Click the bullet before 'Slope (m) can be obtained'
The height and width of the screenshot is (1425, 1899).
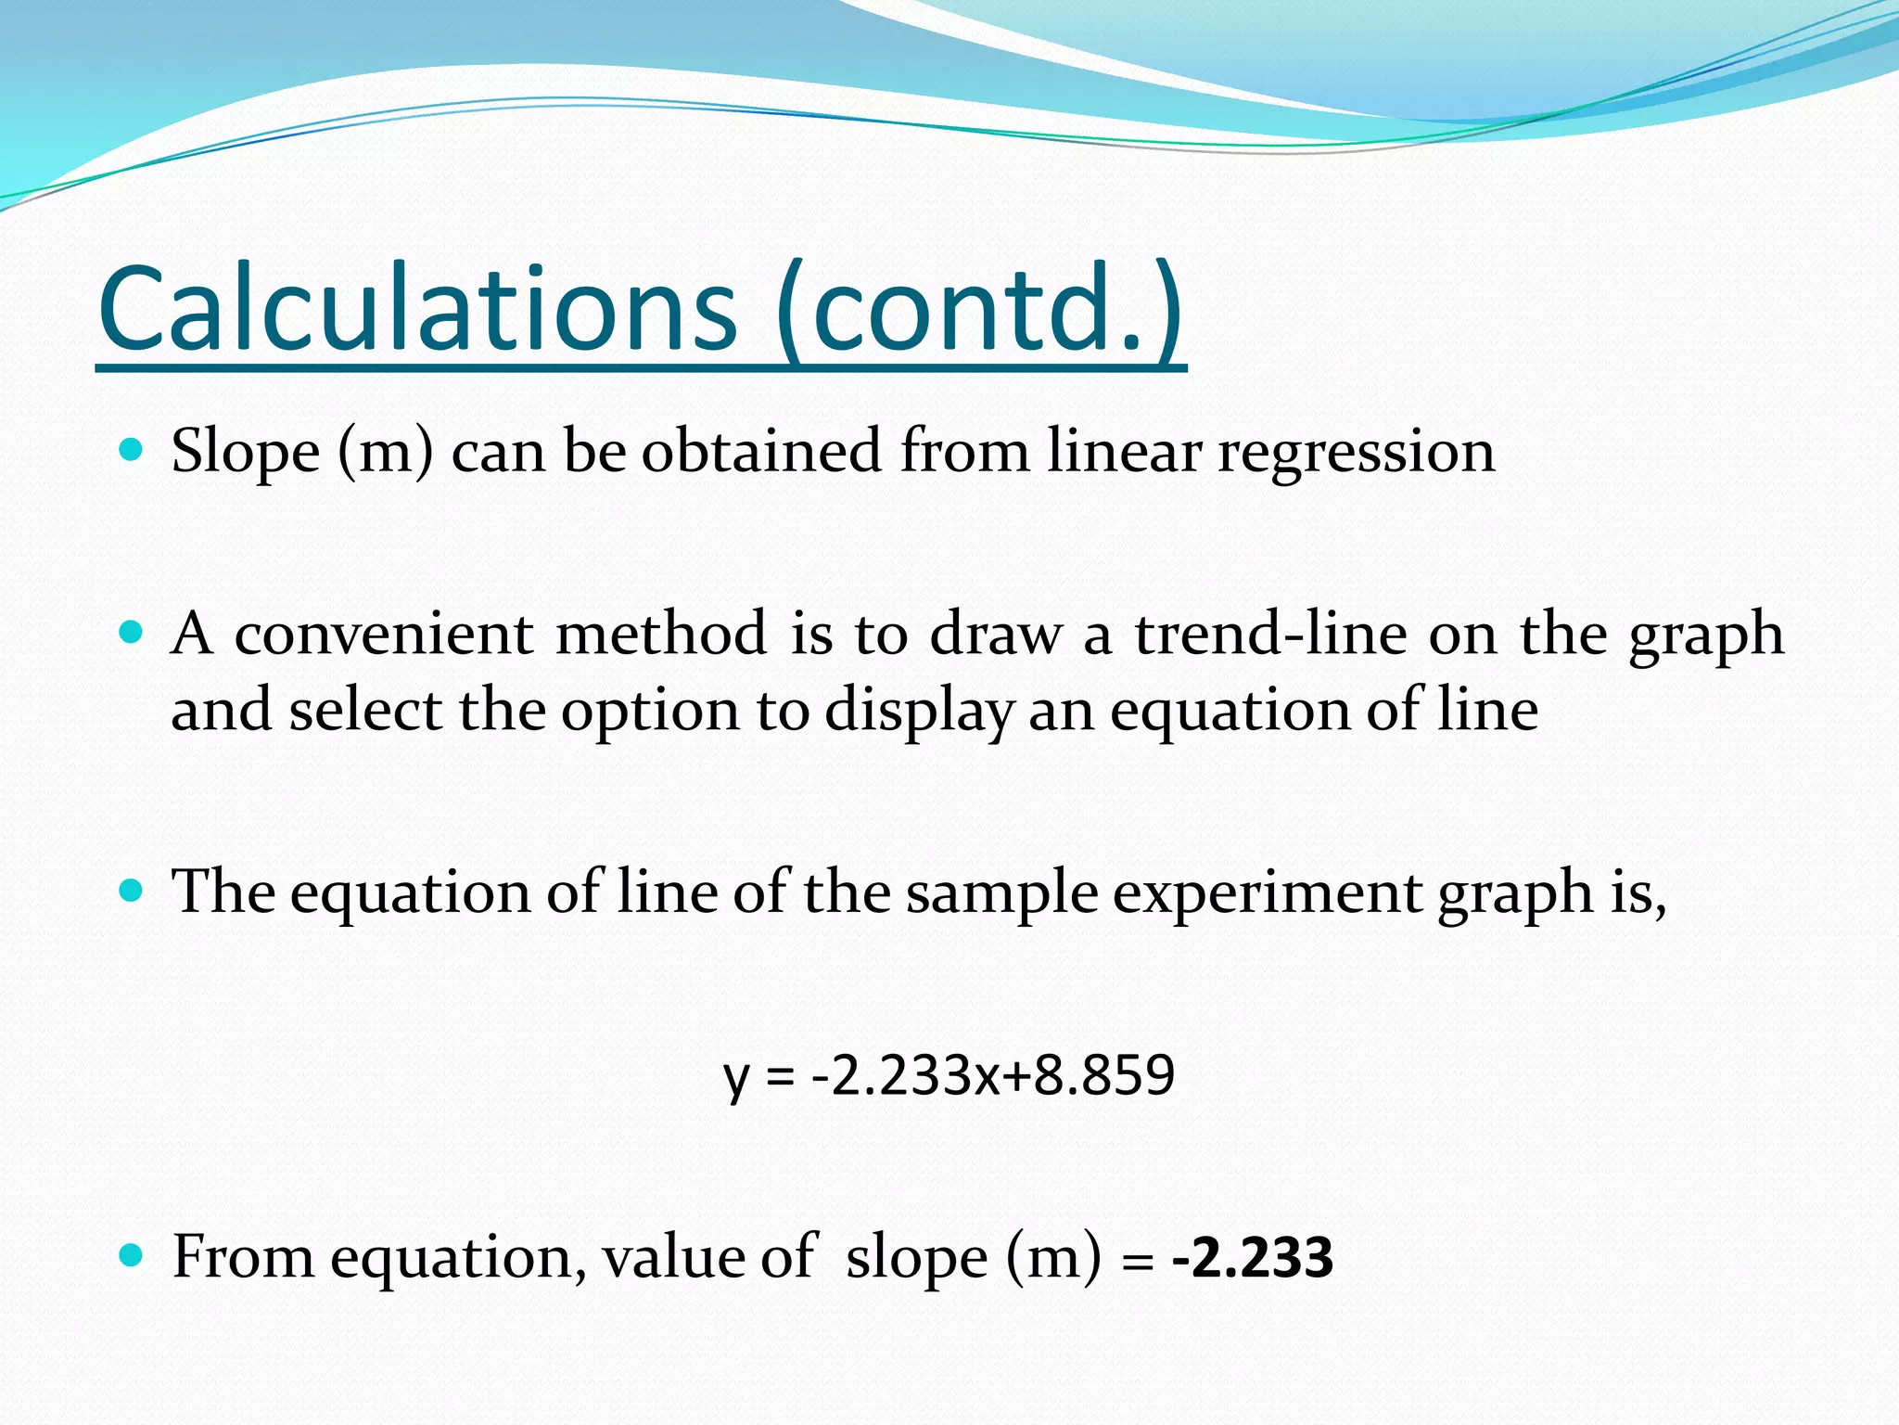[132, 451]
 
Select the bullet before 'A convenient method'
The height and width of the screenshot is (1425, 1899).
[132, 634]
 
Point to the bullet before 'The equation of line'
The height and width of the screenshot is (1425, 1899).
[132, 892]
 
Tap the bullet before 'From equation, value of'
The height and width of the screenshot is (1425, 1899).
[132, 1257]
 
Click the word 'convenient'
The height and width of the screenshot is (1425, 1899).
[384, 635]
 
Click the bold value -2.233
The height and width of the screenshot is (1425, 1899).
[1253, 1258]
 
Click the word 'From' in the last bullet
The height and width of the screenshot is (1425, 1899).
[243, 1257]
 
